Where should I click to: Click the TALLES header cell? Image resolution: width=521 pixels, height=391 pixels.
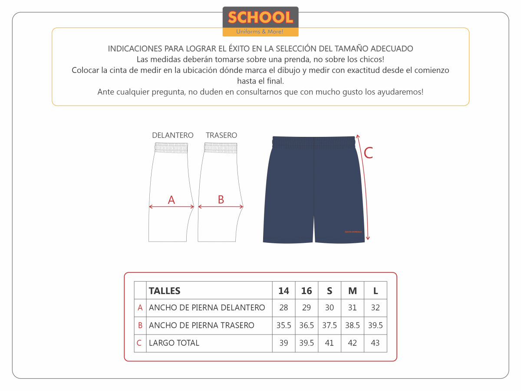[165, 291]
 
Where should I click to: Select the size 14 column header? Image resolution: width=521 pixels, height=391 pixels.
[284, 291]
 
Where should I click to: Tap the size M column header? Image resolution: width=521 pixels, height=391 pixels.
[353, 291]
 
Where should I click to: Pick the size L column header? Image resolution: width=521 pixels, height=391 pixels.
[376, 291]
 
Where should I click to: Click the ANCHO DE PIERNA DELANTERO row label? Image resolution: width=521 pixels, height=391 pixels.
[207, 308]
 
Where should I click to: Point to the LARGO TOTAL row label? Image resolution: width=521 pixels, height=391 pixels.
[174, 343]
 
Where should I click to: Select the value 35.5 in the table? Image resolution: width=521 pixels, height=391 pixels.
[284, 325]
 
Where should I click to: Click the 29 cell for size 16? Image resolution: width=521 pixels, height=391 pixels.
[307, 308]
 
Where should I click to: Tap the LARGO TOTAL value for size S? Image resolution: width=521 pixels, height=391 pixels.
[330, 343]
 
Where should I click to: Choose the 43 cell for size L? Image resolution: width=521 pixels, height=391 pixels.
[376, 343]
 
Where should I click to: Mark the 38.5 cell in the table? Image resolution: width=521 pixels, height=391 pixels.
[353, 325]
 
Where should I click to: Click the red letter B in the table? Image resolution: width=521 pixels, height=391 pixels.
[140, 325]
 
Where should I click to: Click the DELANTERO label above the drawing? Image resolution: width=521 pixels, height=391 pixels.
[173, 135]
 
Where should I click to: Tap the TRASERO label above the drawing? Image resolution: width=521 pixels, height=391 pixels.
[221, 135]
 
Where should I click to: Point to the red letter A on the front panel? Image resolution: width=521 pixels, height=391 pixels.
[171, 200]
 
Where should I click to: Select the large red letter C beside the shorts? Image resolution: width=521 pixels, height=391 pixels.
[368, 153]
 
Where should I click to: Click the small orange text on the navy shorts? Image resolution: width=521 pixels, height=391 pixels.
[353, 232]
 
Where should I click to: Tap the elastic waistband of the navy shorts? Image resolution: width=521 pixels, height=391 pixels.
[314, 142]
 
